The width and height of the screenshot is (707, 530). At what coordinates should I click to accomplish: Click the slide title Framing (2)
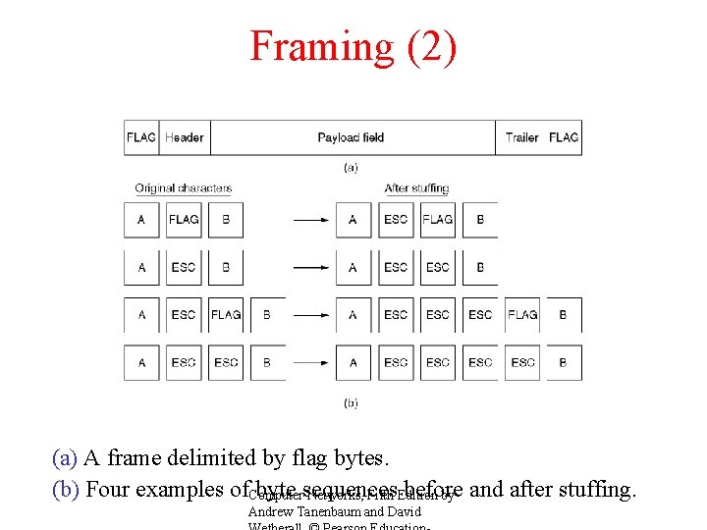click(353, 46)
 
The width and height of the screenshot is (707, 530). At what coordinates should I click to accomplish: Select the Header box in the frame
click(185, 137)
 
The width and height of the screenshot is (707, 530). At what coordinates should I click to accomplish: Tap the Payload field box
click(351, 137)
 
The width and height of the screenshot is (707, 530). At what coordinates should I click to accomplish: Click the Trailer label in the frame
click(521, 137)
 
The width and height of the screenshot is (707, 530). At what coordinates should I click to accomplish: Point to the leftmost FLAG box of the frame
click(141, 137)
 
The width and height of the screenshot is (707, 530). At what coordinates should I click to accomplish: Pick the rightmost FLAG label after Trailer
click(564, 137)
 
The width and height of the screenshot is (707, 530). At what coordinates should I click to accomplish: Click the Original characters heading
click(184, 187)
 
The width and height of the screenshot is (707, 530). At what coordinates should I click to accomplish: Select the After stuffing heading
click(416, 187)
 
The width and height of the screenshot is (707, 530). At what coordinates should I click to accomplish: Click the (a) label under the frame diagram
click(351, 167)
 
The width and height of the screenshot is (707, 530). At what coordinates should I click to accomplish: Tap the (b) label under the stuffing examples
click(351, 402)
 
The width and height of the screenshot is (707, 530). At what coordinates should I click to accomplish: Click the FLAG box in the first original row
click(184, 220)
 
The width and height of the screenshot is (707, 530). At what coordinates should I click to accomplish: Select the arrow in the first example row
click(311, 220)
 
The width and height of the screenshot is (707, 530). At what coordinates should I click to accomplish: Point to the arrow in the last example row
click(311, 362)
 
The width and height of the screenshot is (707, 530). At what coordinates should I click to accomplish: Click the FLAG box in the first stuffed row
click(438, 220)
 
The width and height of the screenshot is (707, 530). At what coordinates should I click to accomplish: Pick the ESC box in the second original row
click(184, 267)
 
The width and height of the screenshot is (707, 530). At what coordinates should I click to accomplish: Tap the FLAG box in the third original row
click(226, 315)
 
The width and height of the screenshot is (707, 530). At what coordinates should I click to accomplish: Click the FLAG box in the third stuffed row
click(522, 315)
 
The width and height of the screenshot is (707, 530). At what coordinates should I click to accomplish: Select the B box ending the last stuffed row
click(564, 362)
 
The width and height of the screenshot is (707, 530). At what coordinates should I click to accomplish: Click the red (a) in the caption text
click(65, 457)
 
